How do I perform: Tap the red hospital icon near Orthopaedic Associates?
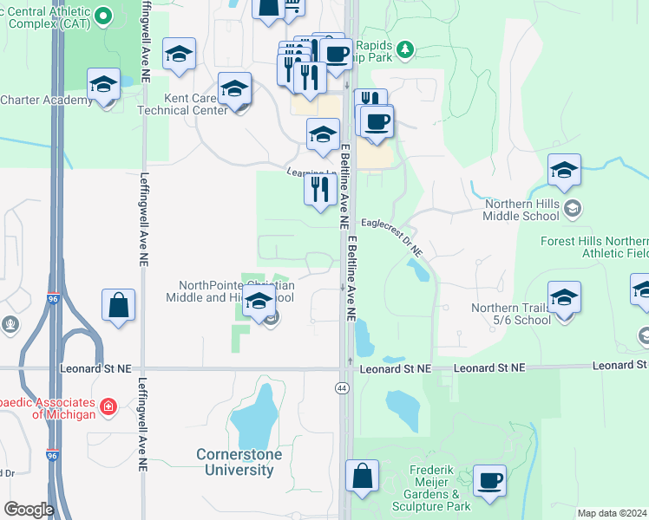[x=108, y=406]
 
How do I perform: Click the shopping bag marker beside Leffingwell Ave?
[x=118, y=306]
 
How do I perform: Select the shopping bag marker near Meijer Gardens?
[x=362, y=478]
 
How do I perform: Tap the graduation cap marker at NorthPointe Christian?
[x=259, y=302]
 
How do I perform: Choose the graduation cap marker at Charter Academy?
[x=103, y=85]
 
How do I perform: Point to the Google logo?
[x=29, y=510]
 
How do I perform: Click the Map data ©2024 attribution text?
[x=613, y=513]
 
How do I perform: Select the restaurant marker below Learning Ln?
[x=320, y=189]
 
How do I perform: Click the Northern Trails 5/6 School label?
[x=510, y=313]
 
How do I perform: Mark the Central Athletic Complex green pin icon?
[x=103, y=15]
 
